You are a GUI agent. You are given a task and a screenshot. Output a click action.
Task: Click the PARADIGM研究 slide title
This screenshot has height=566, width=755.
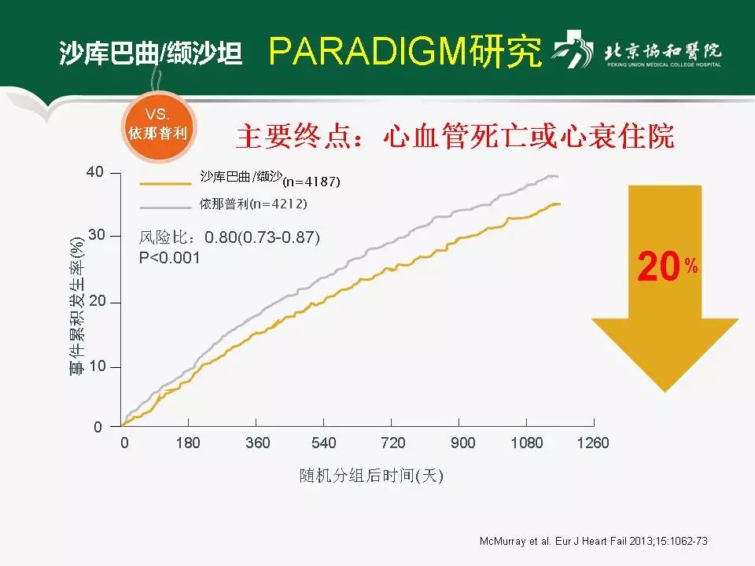point(405,51)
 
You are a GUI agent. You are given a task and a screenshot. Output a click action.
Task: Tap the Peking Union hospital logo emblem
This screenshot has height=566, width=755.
point(573,52)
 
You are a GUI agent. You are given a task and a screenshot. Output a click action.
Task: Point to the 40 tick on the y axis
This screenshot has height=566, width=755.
point(94,172)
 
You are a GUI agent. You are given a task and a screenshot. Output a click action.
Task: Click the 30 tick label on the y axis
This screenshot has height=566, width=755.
point(94,236)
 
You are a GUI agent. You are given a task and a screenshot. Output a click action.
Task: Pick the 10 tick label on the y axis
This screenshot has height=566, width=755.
point(94,367)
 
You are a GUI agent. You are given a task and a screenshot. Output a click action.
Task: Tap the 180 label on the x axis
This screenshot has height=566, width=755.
point(188,443)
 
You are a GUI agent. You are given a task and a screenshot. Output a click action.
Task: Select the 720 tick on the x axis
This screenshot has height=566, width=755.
point(393,443)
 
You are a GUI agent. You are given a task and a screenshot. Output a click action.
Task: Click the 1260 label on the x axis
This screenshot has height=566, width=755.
point(592,443)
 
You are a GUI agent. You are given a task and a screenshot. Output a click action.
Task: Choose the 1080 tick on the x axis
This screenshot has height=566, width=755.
point(527,443)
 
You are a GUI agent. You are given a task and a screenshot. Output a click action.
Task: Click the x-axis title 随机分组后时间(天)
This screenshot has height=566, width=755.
point(371,476)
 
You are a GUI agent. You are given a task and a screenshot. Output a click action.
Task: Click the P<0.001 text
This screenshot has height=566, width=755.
point(169,258)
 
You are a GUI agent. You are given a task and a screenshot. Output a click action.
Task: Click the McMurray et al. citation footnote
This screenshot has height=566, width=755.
point(594,542)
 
